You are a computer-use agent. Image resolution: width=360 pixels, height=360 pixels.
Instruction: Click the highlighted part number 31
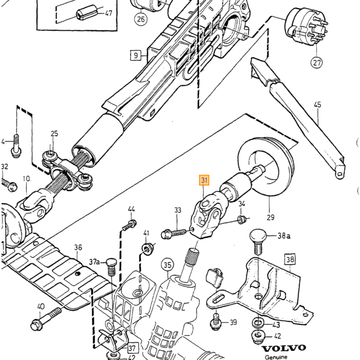pyautogui.click(x=204, y=180)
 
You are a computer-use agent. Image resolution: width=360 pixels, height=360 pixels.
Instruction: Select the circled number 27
pyautogui.click(x=317, y=62)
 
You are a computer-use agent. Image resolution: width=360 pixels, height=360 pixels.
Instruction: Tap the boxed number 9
pyautogui.click(x=136, y=56)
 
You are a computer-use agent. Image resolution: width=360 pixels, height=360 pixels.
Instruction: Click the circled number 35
pyautogui.click(x=167, y=265)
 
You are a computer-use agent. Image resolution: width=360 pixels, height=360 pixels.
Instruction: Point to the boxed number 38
pyautogui.click(x=290, y=259)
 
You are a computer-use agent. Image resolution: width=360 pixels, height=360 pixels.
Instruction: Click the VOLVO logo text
pyautogui.click(x=284, y=349)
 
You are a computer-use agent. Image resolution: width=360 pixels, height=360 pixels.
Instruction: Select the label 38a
pyautogui.click(x=284, y=236)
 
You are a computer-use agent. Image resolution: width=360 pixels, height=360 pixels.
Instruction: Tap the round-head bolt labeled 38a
pyautogui.click(x=258, y=241)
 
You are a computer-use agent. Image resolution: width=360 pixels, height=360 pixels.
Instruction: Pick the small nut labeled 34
pyautogui.click(x=242, y=219)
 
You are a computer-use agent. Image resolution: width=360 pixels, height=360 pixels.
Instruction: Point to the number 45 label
pyautogui.click(x=317, y=105)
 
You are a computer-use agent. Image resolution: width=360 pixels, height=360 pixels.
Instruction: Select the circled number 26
pyautogui.click(x=141, y=19)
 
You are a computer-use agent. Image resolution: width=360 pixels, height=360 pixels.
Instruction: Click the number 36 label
pyautogui.click(x=78, y=247)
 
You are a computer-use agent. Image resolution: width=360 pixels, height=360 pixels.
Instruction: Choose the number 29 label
pyautogui.click(x=271, y=217)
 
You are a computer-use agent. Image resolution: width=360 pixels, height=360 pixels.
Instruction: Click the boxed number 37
pyautogui.click(x=132, y=348)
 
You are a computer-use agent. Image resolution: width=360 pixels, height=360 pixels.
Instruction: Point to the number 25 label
pyautogui.click(x=54, y=134)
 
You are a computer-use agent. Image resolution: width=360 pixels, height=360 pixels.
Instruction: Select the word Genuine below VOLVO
pyautogui.click(x=276, y=357)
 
